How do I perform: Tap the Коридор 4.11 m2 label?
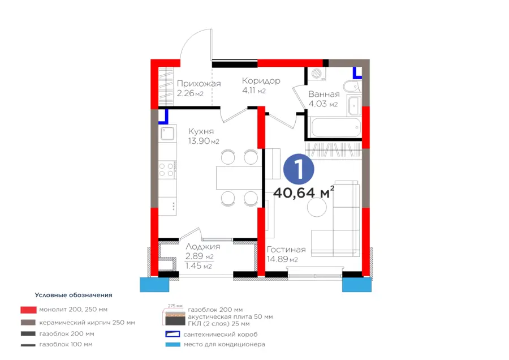point(261,85)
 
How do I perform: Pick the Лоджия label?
point(202,247)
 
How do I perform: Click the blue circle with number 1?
point(299,169)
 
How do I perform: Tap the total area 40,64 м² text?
point(304,192)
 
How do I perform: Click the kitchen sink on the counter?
point(168,134)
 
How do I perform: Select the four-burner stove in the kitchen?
point(167,170)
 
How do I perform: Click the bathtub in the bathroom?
point(335,128)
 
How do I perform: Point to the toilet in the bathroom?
point(352,87)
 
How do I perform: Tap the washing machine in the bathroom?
point(317,74)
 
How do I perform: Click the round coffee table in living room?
point(317,207)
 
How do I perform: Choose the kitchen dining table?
point(239,178)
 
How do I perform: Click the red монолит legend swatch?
point(29,310)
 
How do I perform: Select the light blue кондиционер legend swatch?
point(172,344)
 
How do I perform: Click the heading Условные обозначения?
point(74,295)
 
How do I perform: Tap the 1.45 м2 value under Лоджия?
point(199,266)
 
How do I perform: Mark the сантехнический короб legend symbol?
point(172,334)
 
